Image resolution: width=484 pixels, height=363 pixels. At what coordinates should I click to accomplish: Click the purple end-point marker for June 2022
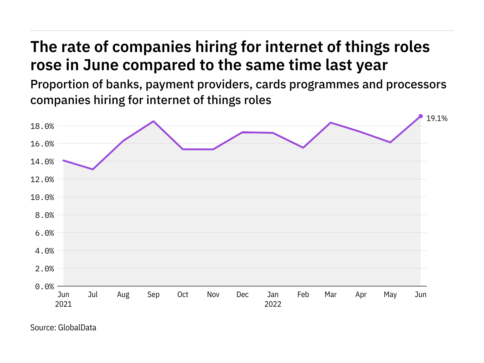pos(420,116)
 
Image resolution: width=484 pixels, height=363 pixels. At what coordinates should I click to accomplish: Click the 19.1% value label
pos(437,119)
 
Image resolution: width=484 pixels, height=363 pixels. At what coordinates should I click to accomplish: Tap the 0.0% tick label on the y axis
pos(44,286)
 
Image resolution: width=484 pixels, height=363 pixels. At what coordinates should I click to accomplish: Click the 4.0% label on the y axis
pos(44,251)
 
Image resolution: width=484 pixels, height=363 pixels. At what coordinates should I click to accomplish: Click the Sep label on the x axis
pos(153,295)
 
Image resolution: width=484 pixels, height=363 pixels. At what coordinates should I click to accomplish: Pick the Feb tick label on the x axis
pos(303,295)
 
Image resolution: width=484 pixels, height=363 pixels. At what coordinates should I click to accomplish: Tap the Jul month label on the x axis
pos(93,295)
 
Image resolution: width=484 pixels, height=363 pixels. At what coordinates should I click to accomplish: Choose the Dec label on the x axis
pos(243,295)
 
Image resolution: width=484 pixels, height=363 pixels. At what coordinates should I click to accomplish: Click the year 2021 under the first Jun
pos(64,304)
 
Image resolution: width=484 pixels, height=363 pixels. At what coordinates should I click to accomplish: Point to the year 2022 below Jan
pos(273,304)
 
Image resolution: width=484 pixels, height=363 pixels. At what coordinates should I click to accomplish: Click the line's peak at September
pos(154,121)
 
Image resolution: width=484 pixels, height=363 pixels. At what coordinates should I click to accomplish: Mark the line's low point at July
pos(93,169)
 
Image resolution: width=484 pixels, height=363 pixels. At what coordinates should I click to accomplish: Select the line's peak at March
pos(331,123)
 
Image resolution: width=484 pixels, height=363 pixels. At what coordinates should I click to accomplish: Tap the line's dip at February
pos(303,148)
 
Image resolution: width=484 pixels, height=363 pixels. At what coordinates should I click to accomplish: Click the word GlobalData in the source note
pos(77,328)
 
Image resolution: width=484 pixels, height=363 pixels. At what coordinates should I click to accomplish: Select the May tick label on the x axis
pos(390,295)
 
